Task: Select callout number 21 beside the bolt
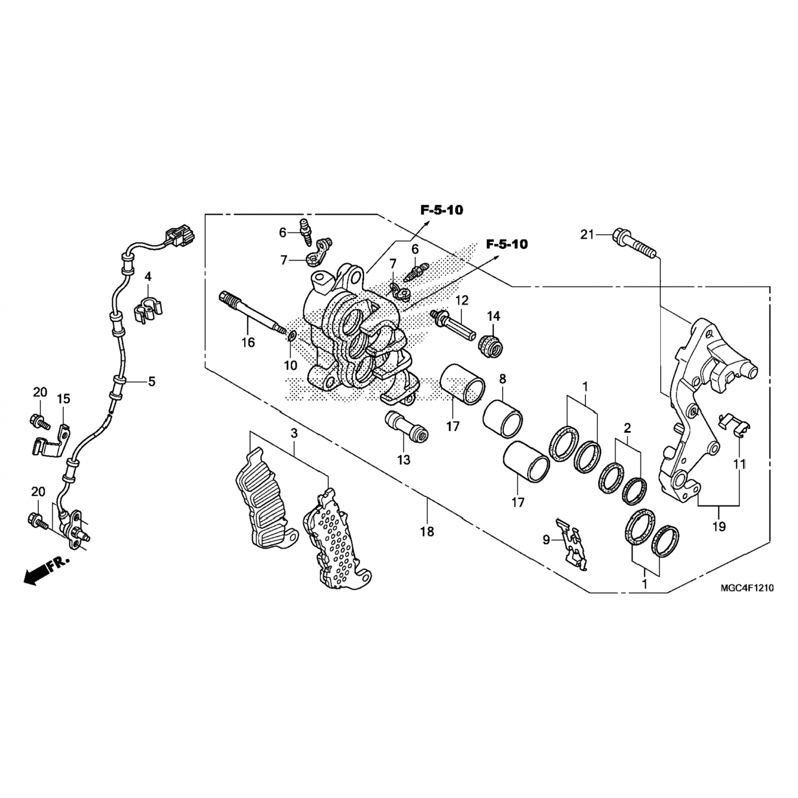[586, 234]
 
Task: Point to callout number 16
[248, 342]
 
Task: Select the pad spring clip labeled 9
[571, 544]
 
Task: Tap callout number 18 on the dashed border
[427, 531]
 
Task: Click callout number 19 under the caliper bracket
[719, 527]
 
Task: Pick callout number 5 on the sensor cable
[152, 381]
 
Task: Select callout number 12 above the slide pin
[461, 300]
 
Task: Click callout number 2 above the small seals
[627, 428]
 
